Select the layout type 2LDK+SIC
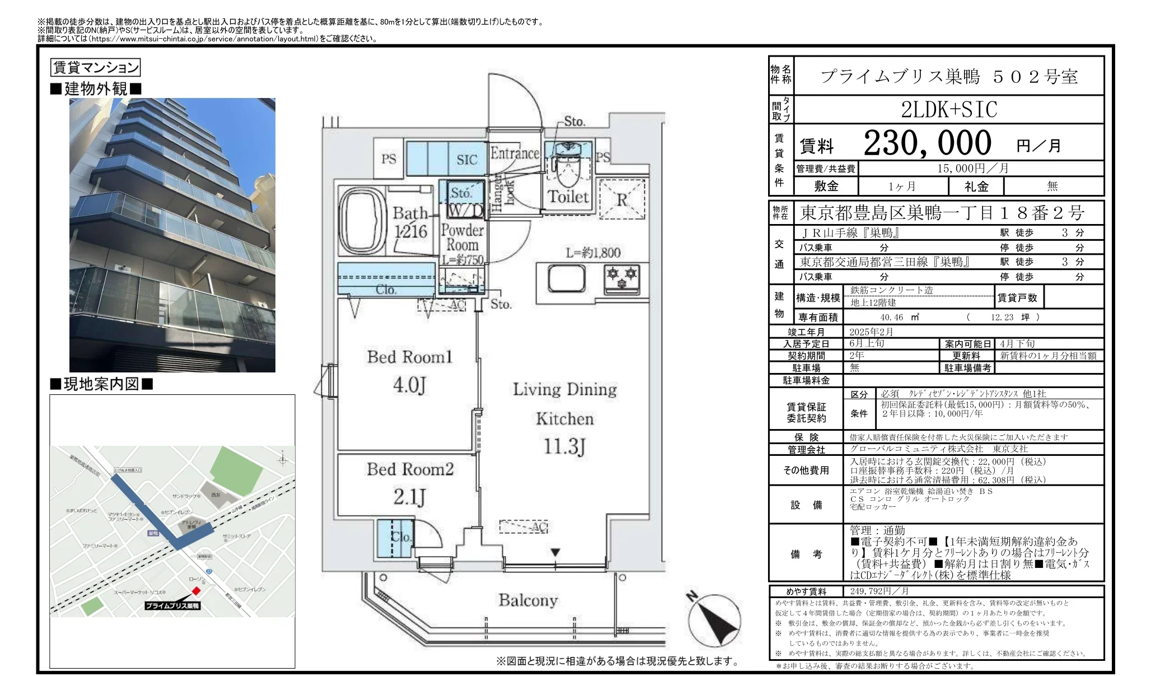point(949,109)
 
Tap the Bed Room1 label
point(409,357)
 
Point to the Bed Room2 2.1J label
point(410,483)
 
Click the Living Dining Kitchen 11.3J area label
point(564,418)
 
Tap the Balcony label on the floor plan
point(528,600)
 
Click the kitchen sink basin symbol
point(567,278)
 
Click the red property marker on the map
point(196,591)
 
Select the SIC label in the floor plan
point(466,160)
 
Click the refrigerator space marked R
point(622,200)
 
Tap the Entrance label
point(514,153)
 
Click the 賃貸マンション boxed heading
point(95,68)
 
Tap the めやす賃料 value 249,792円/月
point(879,591)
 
